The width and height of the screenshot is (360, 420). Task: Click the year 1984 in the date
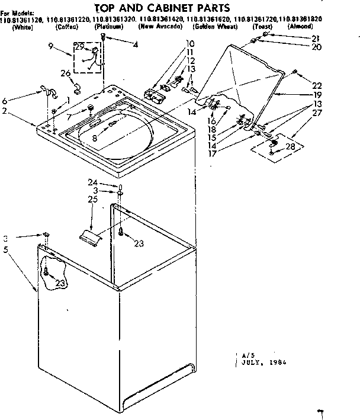click(x=277, y=362)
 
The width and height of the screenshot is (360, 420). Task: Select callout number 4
click(x=136, y=45)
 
